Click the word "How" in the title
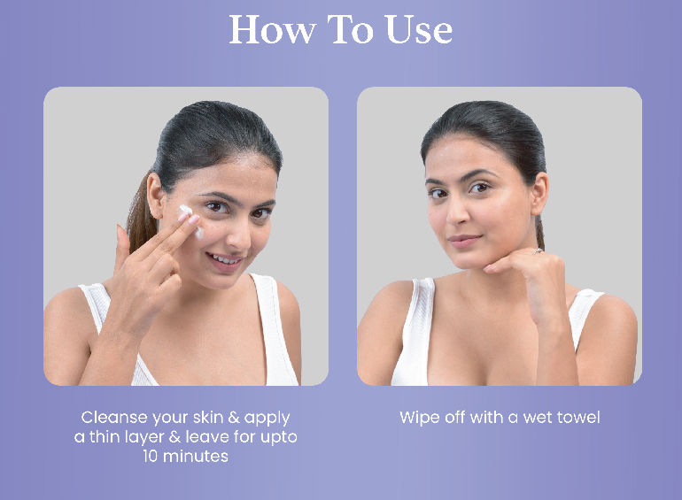click(272, 29)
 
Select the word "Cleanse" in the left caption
click(114, 418)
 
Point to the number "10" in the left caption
click(150, 456)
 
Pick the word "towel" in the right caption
click(578, 418)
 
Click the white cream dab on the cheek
click(190, 219)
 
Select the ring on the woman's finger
click(538, 250)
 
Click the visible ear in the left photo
click(154, 196)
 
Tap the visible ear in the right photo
click(539, 193)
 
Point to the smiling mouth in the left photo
click(224, 261)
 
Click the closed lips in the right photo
click(464, 240)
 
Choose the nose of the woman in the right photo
click(457, 214)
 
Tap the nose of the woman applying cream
click(239, 234)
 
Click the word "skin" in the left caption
click(208, 418)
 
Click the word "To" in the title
click(350, 29)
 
